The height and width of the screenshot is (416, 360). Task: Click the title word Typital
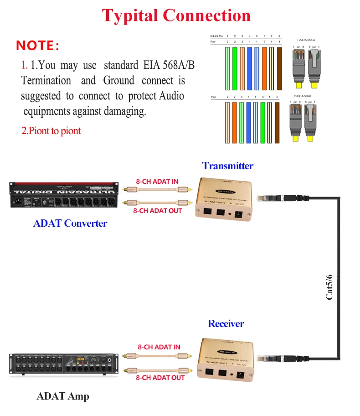[130, 16]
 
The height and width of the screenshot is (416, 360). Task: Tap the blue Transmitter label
[227, 166]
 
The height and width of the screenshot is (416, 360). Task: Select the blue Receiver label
[226, 324]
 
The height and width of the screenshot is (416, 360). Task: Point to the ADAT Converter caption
[70, 224]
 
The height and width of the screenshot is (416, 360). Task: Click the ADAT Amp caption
[63, 396]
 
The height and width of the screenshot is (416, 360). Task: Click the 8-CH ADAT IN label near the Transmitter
[157, 182]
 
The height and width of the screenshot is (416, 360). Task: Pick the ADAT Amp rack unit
[64, 364]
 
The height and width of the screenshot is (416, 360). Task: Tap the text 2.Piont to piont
[51, 131]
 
